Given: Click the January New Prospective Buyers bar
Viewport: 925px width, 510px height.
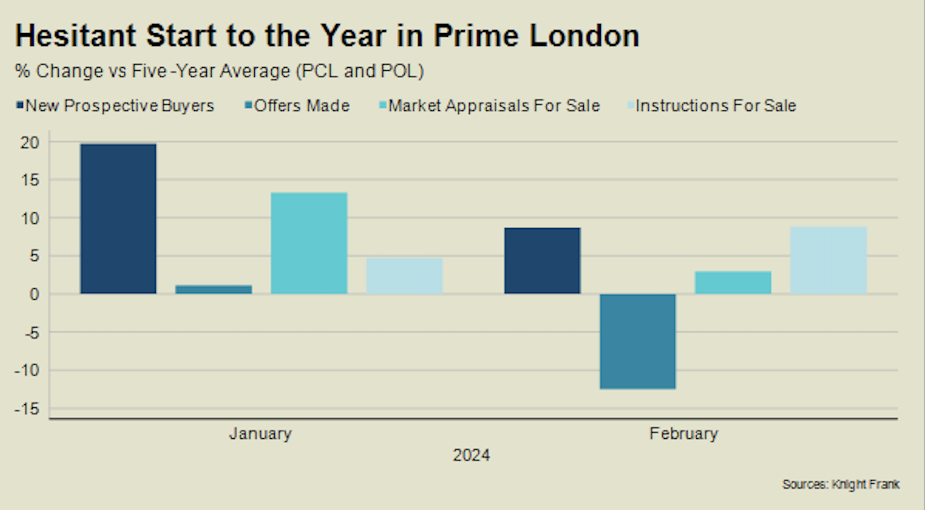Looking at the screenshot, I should click(x=118, y=219).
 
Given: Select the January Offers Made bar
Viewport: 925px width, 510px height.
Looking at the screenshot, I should click(x=214, y=290).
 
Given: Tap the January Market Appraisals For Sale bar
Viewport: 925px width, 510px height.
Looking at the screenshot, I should click(x=309, y=243).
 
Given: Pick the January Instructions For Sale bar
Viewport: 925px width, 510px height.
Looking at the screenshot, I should click(x=404, y=276).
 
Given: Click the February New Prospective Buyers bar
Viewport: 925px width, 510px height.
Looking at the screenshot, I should click(x=542, y=260).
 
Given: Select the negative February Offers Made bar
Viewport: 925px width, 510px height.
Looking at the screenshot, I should click(x=638, y=341).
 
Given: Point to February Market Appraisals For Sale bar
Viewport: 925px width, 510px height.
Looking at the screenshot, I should click(x=733, y=282).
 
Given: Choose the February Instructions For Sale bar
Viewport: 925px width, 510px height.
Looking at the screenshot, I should click(x=828, y=260).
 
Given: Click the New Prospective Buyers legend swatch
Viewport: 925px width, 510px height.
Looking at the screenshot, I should click(x=20, y=106).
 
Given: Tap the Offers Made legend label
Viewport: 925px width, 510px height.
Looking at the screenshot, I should click(x=302, y=106).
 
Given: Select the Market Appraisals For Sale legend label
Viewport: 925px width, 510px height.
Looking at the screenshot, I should click(x=494, y=106).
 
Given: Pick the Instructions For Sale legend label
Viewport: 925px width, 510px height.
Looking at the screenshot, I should click(x=715, y=106).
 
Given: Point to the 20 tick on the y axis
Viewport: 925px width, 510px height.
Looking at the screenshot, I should click(x=30, y=143).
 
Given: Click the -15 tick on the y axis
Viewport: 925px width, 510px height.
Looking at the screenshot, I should click(x=27, y=409).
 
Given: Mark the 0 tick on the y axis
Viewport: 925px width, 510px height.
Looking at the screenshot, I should click(x=34, y=294).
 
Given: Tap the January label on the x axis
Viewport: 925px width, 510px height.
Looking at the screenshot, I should click(x=261, y=433).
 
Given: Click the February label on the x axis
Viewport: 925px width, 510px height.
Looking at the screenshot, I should click(x=684, y=433).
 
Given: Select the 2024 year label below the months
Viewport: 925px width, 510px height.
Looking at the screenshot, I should click(x=471, y=455).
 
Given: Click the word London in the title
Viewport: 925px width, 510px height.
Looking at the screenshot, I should click(x=584, y=36).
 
